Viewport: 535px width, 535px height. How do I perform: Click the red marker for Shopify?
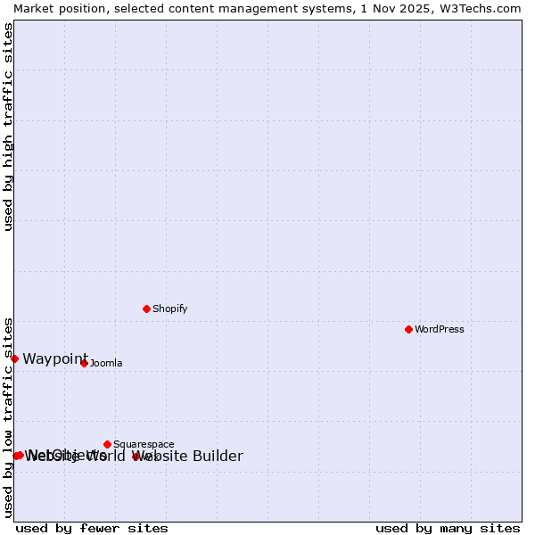point(146,309)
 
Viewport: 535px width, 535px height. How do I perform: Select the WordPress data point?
point(408,329)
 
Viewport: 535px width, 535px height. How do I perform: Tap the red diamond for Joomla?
point(84,363)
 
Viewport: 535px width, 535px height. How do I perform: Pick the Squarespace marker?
point(107,444)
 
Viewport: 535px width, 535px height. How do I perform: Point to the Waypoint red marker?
point(14,358)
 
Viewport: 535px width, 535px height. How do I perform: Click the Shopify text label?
point(169,309)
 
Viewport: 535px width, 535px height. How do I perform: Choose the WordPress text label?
point(439,329)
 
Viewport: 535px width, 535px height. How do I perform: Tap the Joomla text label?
point(105,363)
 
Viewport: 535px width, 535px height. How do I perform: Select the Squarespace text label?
point(144,444)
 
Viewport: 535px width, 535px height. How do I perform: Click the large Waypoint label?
point(55,358)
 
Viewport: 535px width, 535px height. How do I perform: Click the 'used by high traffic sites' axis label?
point(9,127)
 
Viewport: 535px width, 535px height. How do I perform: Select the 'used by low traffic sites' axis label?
point(9,416)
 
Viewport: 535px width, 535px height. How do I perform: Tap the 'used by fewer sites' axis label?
point(92,528)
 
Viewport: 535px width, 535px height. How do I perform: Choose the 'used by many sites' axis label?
point(448,528)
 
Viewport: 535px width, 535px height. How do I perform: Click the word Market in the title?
point(33,8)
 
